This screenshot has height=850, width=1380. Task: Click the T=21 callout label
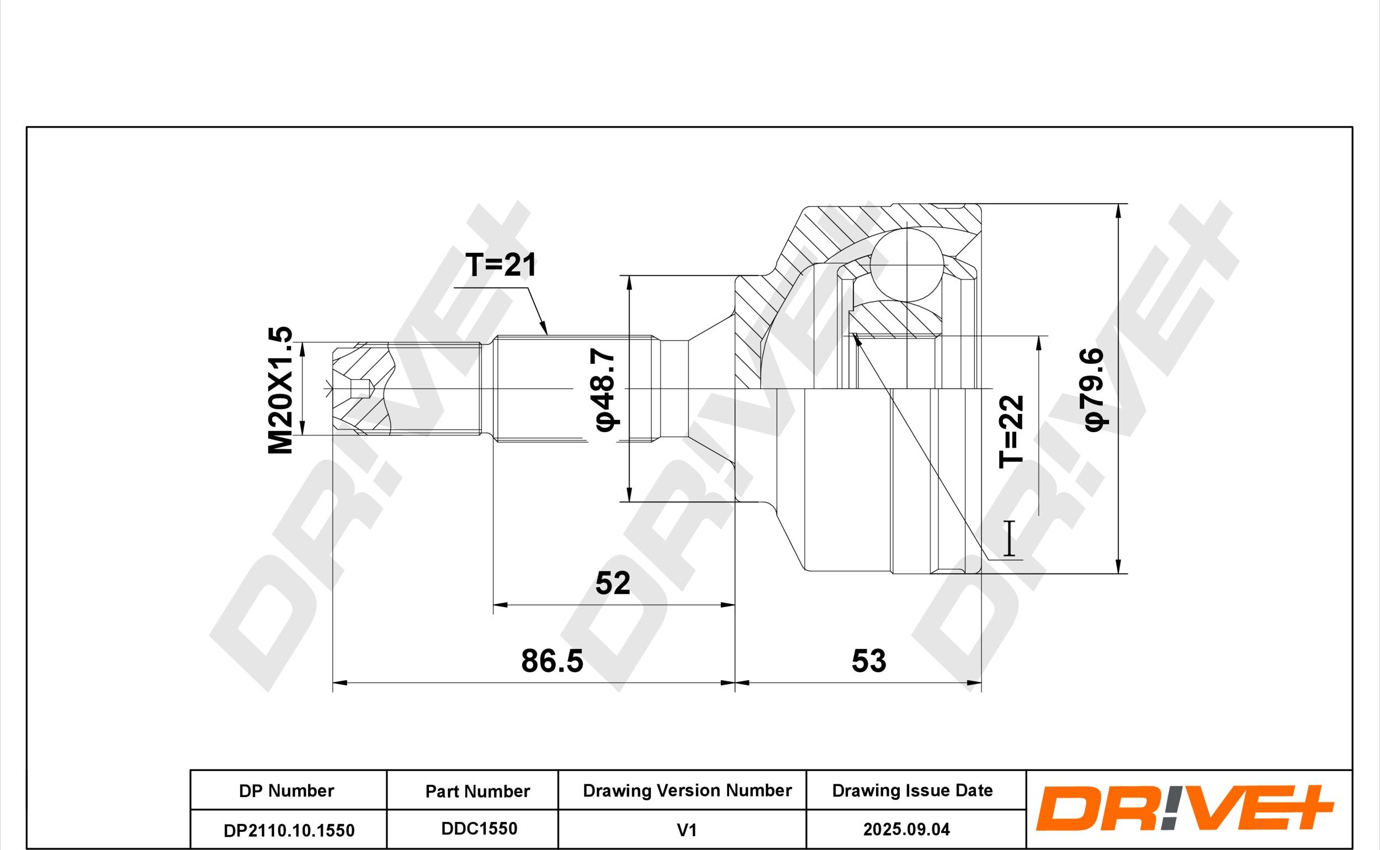(501, 265)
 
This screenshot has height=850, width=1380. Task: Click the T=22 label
(1011, 432)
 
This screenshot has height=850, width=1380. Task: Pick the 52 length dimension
(613, 583)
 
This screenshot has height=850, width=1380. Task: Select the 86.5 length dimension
(552, 661)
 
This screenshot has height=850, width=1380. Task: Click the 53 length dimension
(868, 661)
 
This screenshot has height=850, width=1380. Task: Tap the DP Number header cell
(286, 791)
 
